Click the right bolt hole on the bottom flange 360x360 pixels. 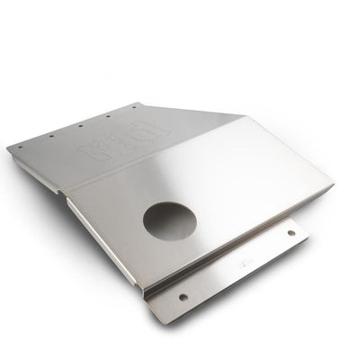point(290,235)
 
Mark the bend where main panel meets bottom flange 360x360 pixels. point(234,247)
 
